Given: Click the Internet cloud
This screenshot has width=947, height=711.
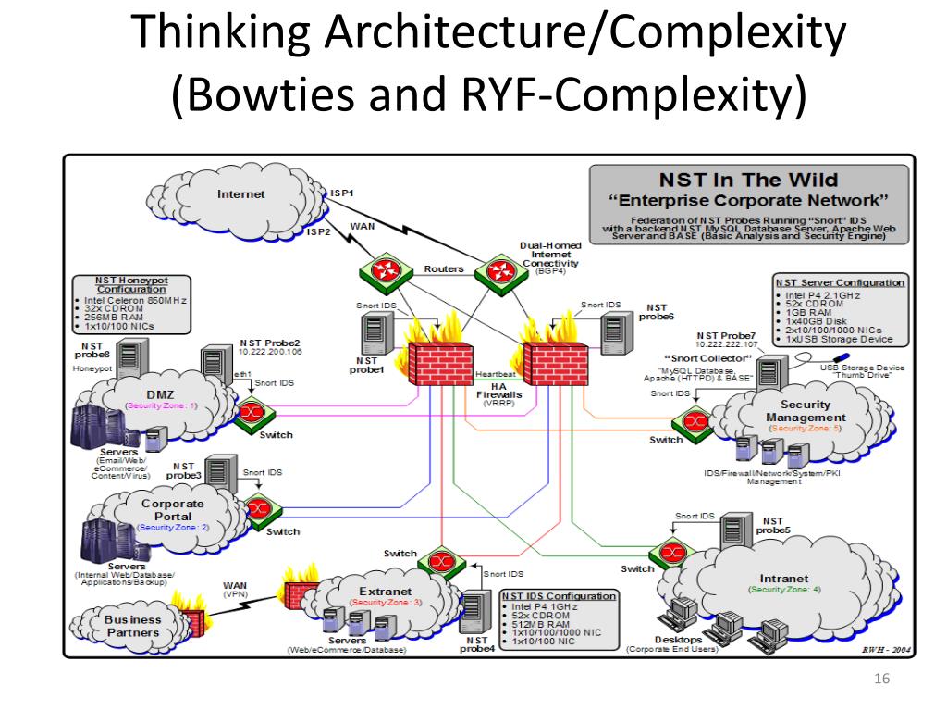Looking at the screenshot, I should pos(236,196).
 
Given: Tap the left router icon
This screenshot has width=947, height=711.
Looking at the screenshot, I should pos(377,271).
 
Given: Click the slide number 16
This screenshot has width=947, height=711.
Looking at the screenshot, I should pos(880,680).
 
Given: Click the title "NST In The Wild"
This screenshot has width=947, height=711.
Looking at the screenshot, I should pos(748,180).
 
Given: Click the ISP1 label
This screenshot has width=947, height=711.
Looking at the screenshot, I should pos(342,193).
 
